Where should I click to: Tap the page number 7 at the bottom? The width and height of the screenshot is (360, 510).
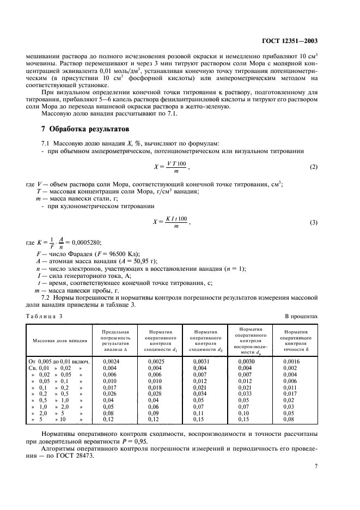point(316,466)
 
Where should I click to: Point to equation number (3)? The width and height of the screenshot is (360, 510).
point(314,222)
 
